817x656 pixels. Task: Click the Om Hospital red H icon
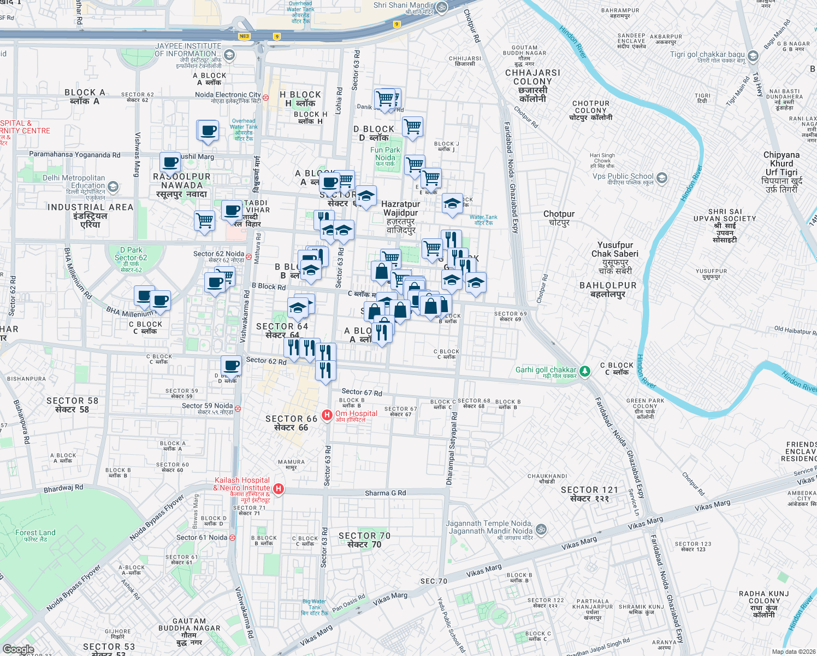point(327,415)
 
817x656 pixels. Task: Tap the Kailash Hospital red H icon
point(279,489)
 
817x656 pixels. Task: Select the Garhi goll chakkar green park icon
point(585,371)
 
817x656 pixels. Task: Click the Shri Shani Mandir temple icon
point(441,7)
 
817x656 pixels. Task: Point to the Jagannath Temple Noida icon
point(541,529)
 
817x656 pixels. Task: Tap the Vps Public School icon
point(662,178)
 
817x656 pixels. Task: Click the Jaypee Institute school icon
point(229,55)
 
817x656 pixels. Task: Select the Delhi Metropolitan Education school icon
point(113,187)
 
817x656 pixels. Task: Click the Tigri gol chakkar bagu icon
point(753,56)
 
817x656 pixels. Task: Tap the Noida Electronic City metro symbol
point(265,97)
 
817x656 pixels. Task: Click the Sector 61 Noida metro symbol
point(232,537)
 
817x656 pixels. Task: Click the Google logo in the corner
point(18,649)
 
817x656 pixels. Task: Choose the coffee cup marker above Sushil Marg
point(208,131)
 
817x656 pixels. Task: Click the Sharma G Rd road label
point(385,493)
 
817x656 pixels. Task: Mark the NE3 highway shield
point(244,37)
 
